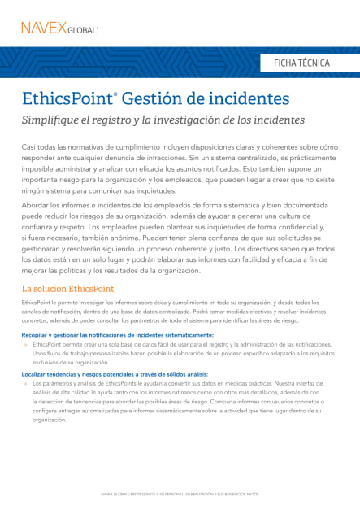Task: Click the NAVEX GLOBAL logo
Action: [x=60, y=28]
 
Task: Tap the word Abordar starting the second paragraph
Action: [x=37, y=206]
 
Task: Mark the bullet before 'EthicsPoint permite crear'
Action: [x=26, y=345]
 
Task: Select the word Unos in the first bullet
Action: [x=40, y=354]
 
